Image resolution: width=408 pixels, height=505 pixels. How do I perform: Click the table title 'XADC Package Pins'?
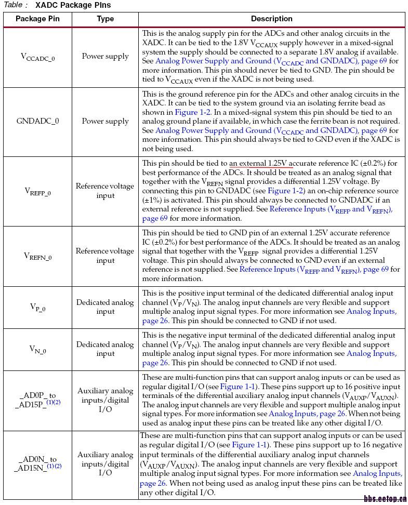(73, 5)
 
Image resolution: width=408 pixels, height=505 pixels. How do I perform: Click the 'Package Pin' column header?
(37, 19)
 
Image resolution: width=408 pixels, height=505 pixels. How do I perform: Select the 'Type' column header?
(105, 19)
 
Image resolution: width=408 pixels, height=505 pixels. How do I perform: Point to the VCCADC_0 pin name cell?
(37, 57)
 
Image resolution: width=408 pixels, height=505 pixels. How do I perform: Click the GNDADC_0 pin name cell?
(37, 121)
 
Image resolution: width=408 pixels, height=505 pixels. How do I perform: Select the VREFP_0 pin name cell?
(37, 191)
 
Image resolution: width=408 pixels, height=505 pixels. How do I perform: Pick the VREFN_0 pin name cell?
(37, 256)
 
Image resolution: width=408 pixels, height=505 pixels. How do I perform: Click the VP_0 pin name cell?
(37, 307)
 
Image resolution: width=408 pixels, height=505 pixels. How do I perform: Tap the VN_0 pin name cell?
(37, 349)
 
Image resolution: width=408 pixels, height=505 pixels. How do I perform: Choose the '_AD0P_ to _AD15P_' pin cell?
(37, 400)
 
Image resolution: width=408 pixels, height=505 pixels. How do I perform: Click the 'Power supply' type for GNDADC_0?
(105, 121)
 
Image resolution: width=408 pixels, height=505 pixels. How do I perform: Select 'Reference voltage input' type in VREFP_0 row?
(105, 191)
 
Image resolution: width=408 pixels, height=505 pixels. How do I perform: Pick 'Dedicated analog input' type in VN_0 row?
(105, 349)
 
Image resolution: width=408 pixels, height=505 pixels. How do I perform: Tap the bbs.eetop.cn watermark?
(385, 499)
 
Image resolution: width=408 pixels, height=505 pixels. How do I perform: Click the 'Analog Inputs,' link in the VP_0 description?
(371, 311)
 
